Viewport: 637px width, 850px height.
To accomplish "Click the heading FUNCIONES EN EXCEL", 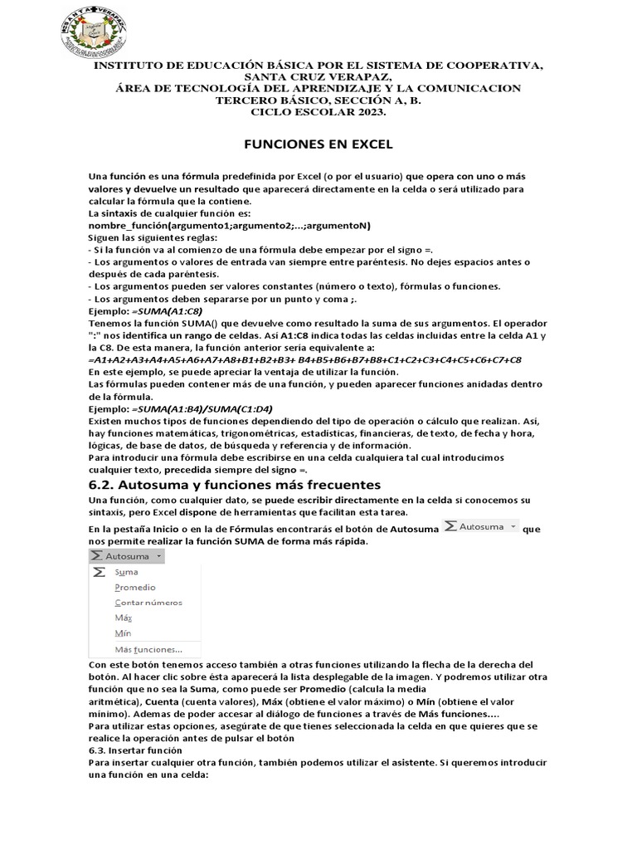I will tap(318, 144).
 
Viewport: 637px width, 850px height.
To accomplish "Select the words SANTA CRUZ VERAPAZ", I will tap(318, 76).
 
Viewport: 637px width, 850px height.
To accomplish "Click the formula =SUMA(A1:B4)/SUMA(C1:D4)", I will tap(202, 410).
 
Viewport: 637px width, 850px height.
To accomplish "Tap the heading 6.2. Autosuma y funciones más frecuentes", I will tap(234, 484).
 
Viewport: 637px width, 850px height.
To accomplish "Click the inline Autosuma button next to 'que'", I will tap(480, 527).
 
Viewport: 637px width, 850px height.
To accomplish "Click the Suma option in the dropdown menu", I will tap(127, 572).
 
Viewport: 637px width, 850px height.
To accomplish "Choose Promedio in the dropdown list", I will tap(135, 588).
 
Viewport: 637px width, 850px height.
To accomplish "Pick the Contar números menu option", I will tap(148, 603).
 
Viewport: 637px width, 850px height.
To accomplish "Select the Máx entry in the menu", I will tap(123, 618).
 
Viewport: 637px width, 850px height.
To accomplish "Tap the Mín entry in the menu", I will tap(123, 633).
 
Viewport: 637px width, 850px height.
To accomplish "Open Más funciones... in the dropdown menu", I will tap(148, 649).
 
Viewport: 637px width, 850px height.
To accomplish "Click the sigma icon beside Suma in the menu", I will tap(99, 572).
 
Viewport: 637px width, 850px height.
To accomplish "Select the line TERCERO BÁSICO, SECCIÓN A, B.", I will tap(318, 100).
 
